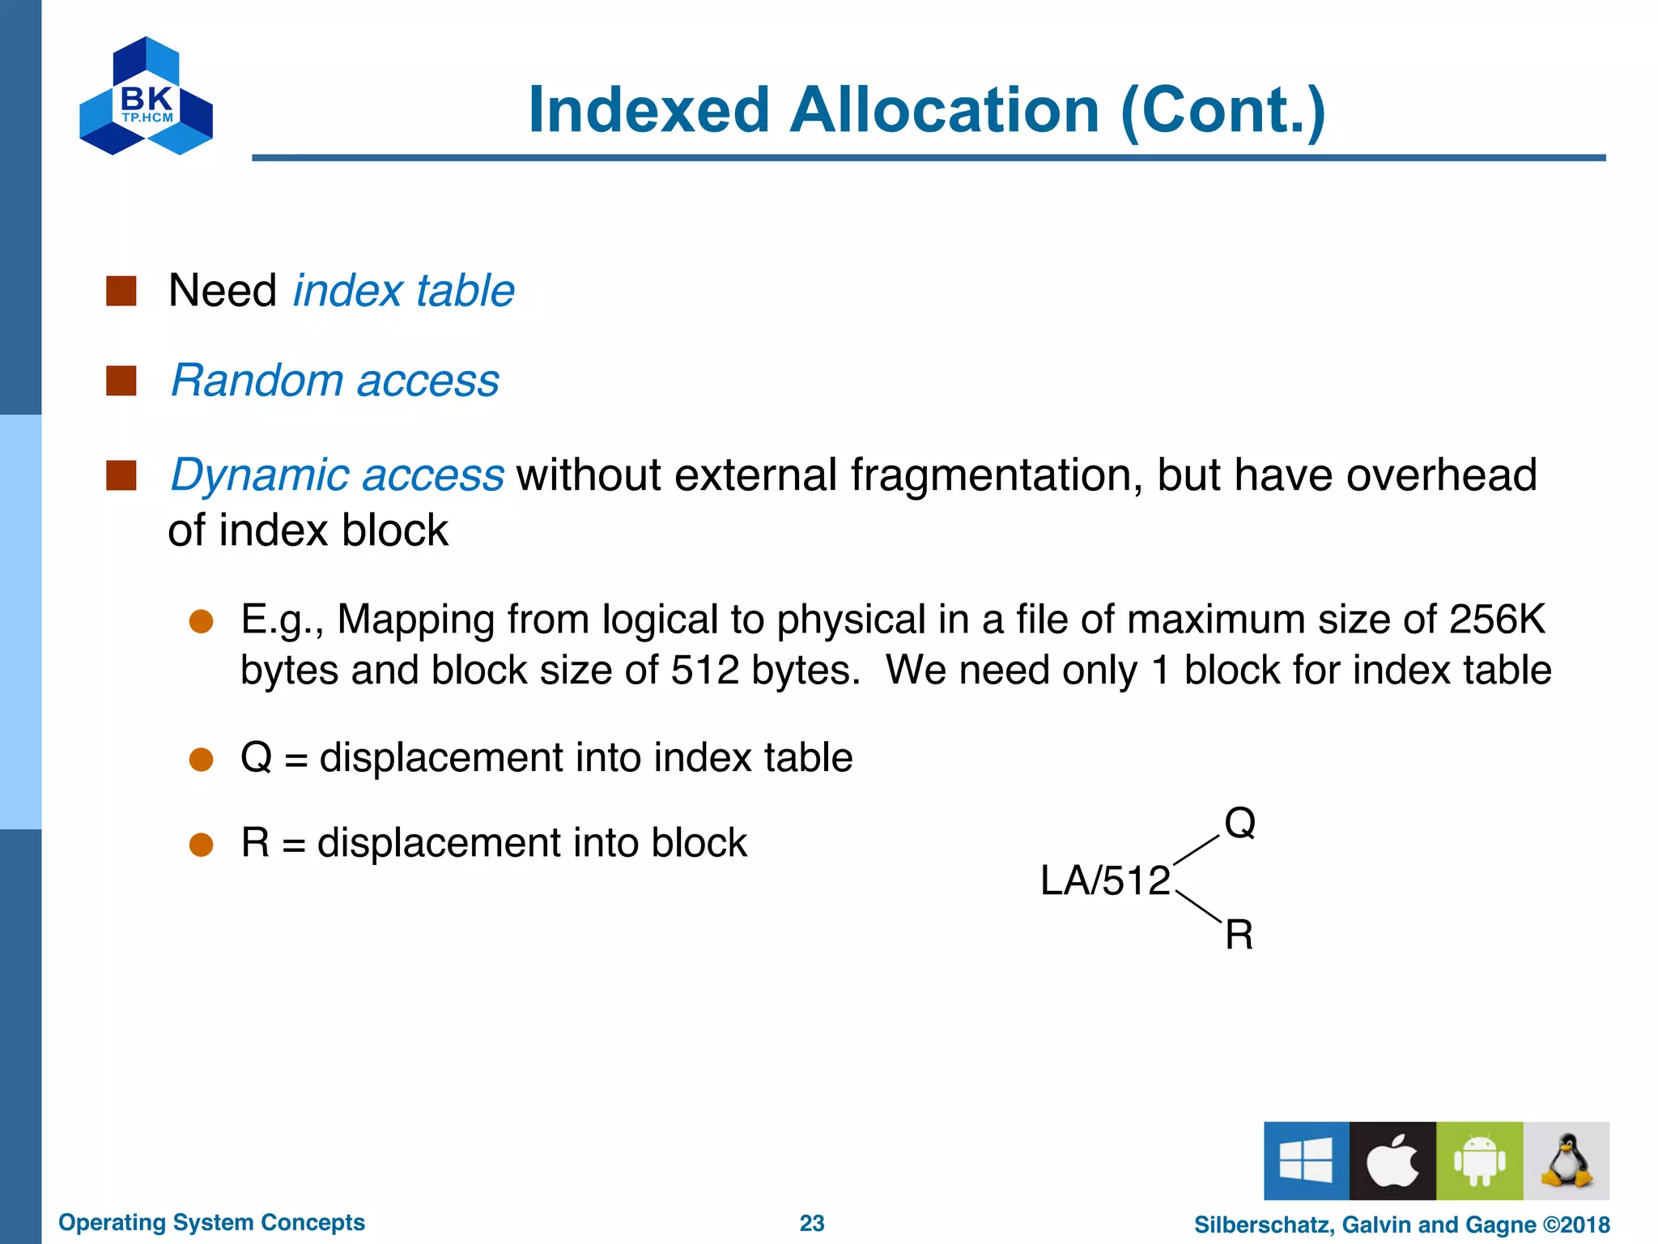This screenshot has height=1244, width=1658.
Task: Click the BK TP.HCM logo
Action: pos(147,97)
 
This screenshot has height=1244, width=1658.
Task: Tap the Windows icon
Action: pos(1306,1161)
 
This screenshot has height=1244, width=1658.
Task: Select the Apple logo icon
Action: pos(1392,1161)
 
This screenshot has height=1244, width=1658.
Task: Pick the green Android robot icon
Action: pos(1479,1161)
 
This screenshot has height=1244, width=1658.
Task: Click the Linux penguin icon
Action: pos(1567,1161)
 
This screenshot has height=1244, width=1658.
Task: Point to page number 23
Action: pos(811,1223)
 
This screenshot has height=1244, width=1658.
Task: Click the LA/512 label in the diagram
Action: pos(1105,880)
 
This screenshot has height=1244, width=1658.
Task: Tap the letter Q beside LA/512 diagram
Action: pos(1239,823)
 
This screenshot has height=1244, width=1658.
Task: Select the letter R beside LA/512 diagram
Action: pos(1239,935)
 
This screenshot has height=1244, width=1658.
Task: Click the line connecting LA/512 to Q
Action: pos(1196,850)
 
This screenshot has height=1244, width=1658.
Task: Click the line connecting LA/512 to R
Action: pos(1198,906)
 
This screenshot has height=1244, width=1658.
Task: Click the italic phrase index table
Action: pos(403,291)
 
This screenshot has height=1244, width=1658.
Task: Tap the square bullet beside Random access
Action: pos(121,381)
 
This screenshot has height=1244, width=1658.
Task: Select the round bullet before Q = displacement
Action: pos(201,760)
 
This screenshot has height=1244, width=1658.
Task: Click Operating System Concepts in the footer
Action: pos(211,1222)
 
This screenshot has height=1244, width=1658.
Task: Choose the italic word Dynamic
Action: pos(259,475)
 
